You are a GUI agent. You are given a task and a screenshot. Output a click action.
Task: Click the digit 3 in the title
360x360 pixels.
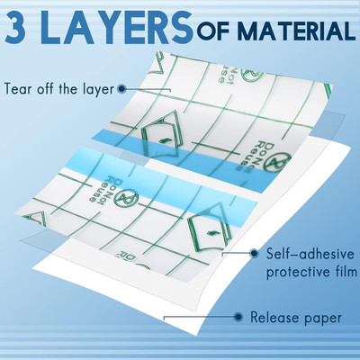(x=20, y=28)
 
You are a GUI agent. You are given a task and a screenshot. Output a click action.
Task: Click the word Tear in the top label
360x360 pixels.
(x=22, y=89)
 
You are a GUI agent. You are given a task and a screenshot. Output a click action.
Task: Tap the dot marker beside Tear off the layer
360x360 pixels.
(x=144, y=88)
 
